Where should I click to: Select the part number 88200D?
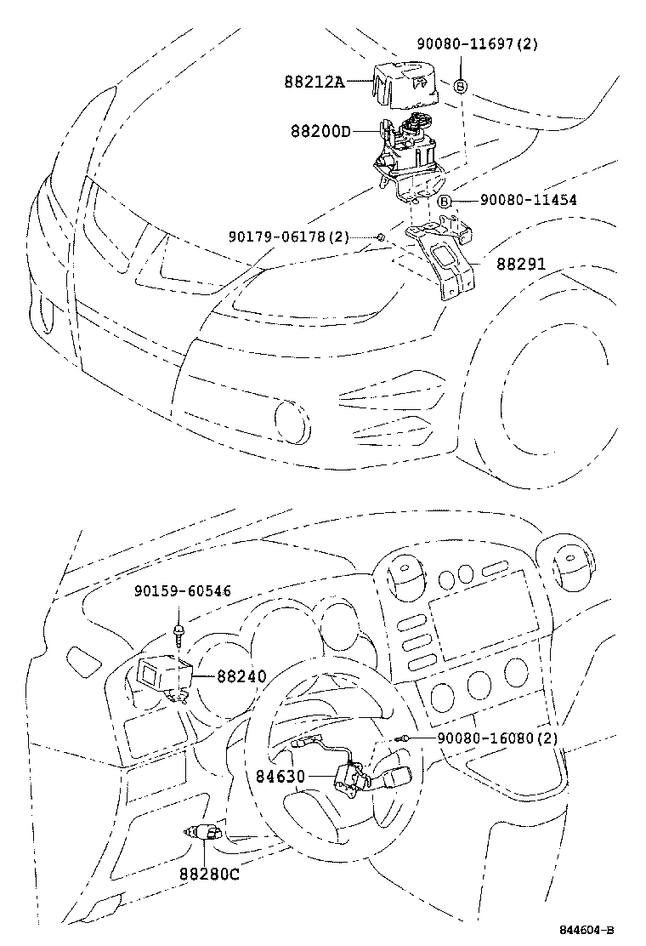tap(320, 132)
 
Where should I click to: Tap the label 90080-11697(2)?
tap(477, 43)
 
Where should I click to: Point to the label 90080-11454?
tap(528, 200)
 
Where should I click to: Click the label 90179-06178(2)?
tap(288, 236)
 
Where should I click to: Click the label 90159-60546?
tap(181, 591)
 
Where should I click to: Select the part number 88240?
tap(241, 676)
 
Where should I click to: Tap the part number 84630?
tap(281, 776)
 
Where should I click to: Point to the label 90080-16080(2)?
tap(497, 738)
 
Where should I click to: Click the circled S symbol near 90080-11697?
tap(460, 85)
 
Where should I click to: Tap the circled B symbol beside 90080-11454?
tap(444, 201)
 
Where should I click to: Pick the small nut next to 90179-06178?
tap(382, 236)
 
